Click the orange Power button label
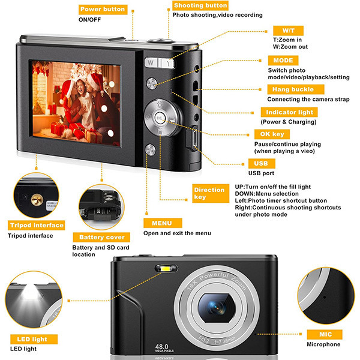(x=102, y=9)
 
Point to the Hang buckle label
(x=290, y=89)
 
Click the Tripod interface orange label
(x=36, y=225)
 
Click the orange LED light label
(x=33, y=338)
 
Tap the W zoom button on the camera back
(x=149, y=62)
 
